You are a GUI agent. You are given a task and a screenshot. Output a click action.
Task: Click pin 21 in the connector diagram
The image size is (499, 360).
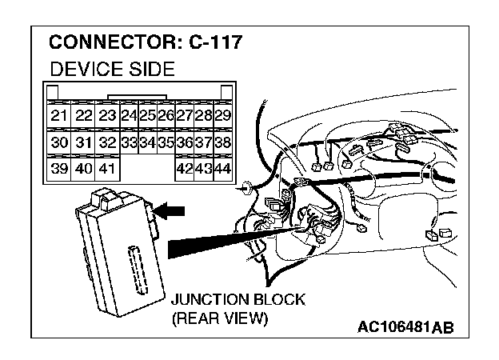pos(58,116)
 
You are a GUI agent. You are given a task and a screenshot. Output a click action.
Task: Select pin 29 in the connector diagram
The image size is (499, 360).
pos(223,116)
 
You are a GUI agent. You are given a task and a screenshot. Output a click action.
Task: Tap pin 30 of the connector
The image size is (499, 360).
pos(58,142)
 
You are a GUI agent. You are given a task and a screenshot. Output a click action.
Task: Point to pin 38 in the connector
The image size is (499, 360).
pos(223,142)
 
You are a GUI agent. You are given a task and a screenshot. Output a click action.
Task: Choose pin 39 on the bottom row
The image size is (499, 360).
pos(58,169)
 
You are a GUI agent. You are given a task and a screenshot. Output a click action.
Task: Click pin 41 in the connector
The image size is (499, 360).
pos(107,169)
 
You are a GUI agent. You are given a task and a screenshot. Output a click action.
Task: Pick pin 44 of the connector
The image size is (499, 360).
pos(223,169)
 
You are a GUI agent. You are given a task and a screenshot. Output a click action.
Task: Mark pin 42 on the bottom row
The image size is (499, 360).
pos(185,169)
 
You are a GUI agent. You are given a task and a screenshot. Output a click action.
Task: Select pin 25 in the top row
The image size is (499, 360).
pos(147,116)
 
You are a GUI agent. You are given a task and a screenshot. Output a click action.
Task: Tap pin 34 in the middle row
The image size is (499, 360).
pos(147,142)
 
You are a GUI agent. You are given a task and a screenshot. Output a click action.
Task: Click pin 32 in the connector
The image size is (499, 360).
pos(107,142)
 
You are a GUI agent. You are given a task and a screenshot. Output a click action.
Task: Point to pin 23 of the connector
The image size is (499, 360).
pos(107,116)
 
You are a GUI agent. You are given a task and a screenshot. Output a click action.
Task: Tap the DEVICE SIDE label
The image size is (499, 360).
pos(112,70)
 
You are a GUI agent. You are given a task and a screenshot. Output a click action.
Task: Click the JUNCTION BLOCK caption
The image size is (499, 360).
pos(238,301)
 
